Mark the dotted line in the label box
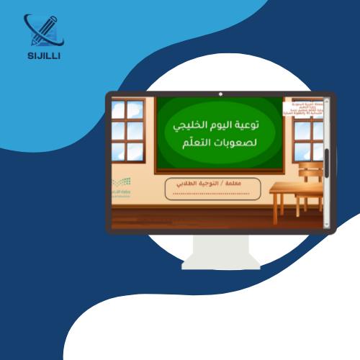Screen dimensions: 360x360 point(216,193)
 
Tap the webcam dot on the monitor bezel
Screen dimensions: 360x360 point(220,94)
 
